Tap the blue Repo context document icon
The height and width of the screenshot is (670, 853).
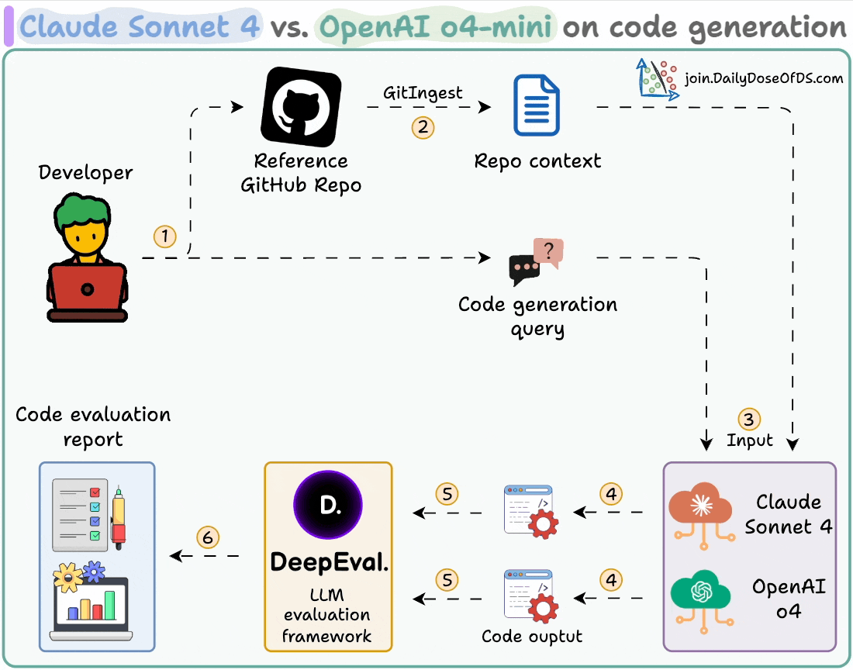pos(537,106)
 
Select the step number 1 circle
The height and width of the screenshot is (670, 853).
pos(165,236)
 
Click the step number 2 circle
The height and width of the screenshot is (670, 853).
pos(423,127)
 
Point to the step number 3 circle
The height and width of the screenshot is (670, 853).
pos(748,419)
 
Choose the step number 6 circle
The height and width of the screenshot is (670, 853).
pos(207,537)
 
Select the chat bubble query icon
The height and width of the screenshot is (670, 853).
pos(536,262)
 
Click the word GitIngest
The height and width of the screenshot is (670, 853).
pos(423,92)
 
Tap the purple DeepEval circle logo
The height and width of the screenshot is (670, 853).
pos(327,505)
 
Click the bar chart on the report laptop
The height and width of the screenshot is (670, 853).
pos(92,604)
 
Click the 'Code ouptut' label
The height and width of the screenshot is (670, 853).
pos(532,637)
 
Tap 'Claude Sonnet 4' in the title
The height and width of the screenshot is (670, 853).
pos(140,27)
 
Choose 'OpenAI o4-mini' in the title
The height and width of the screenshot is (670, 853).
pos(437,27)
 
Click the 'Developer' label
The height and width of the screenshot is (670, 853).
pos(85,172)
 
